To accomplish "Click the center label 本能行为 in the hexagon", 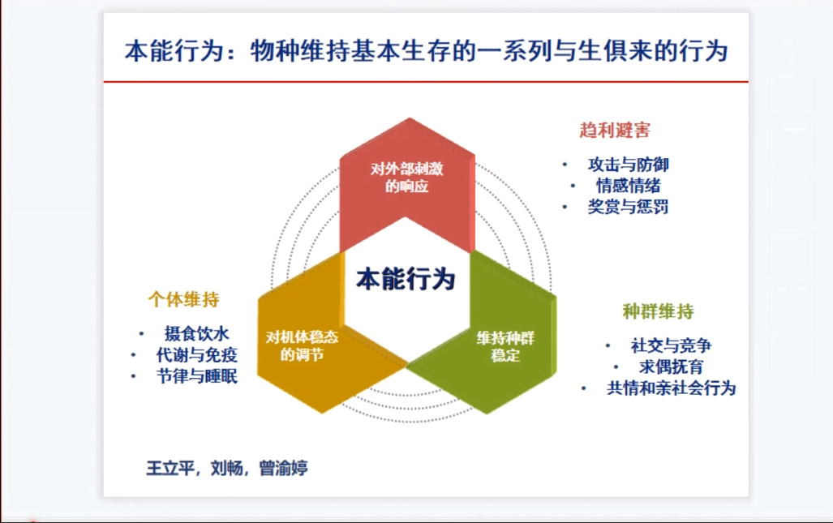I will coord(406,280).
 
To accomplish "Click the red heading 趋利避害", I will coord(614,131).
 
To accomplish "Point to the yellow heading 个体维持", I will coord(183,299).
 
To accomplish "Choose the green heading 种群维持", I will coord(658,311).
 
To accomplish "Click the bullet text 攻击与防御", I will coord(629,165).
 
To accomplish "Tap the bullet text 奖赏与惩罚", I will coord(629,207).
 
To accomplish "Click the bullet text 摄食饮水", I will coord(196,334).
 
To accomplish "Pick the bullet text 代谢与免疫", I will coord(196,355).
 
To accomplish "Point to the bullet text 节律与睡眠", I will coord(196,376).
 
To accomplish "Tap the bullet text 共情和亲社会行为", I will coord(671,388).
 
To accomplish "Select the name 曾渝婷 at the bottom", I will coord(283,469).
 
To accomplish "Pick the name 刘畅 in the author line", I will coord(226,469).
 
